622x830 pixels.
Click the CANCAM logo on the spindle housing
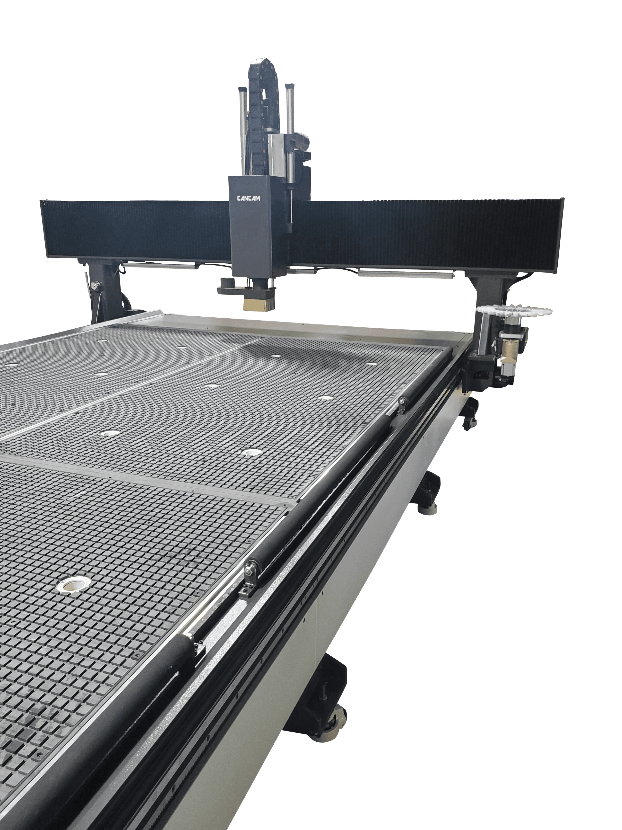[x=249, y=198]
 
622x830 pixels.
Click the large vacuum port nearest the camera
[x=73, y=585]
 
